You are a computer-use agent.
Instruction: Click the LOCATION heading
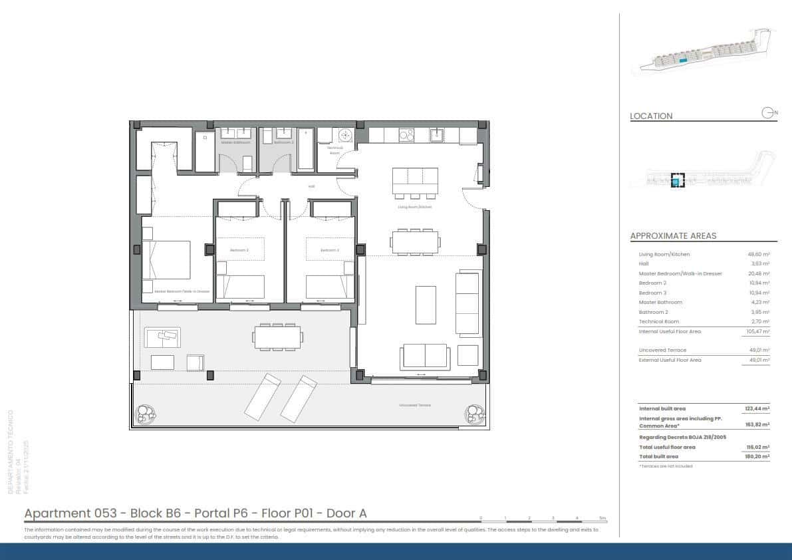tap(651, 116)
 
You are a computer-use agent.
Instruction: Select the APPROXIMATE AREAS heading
tap(673, 235)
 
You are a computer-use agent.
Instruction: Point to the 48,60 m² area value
tap(759, 255)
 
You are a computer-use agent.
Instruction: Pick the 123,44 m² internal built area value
tap(757, 408)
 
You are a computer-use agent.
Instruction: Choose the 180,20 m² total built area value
tap(757, 457)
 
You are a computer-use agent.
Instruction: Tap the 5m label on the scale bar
tap(602, 517)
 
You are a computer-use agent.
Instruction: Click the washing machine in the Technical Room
tap(345, 136)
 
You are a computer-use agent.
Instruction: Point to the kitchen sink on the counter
tap(437, 136)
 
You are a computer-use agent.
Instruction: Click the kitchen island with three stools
tap(415, 180)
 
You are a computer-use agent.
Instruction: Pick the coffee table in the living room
tap(426, 305)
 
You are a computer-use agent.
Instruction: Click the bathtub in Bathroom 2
tap(306, 150)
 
